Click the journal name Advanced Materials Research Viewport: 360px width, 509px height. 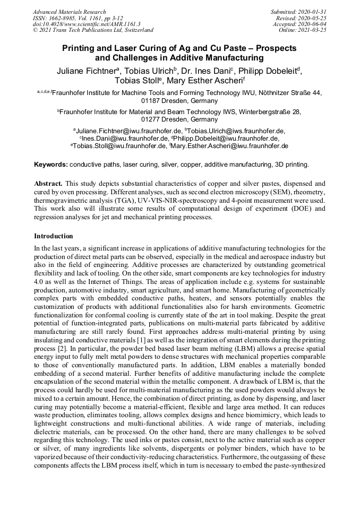pos(69,12)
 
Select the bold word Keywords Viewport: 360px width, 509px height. pos(50,165)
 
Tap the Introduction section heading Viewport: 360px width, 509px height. pos(54,236)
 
